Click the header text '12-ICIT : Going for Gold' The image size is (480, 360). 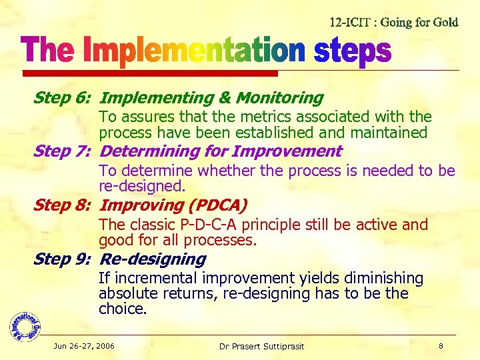click(394, 22)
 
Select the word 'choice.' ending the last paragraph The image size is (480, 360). click(123, 309)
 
